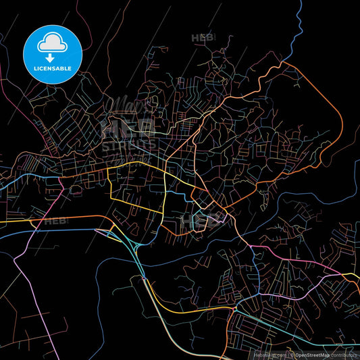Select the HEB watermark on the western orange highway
tap(55, 220)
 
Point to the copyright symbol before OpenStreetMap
tap(292, 354)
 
